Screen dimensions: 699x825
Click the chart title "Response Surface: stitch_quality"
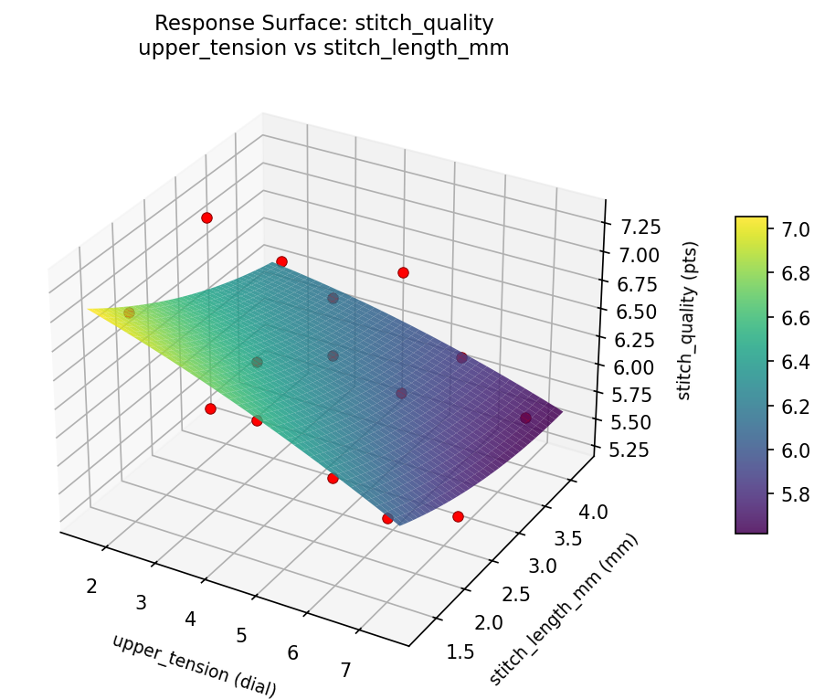pyautogui.click(x=323, y=23)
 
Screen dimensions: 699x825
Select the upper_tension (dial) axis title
pyautogui.click(x=194, y=665)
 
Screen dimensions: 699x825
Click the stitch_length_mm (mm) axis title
pyautogui.click(x=564, y=609)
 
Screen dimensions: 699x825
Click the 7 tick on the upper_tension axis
pyautogui.click(x=345, y=670)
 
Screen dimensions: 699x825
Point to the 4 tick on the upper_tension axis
pyautogui.click(x=190, y=619)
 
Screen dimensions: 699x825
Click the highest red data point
pyautogui.click(x=207, y=217)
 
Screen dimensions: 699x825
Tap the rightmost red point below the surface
pyautogui.click(x=458, y=516)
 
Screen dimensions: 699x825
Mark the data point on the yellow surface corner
pyautogui.click(x=129, y=313)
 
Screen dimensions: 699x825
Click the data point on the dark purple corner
pyautogui.click(x=525, y=418)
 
